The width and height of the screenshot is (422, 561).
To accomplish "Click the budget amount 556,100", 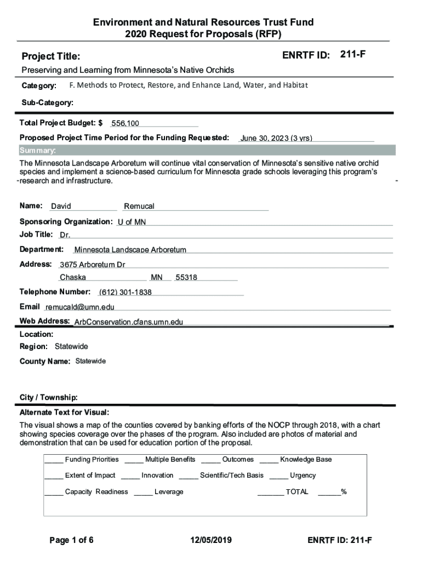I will coord(125,124).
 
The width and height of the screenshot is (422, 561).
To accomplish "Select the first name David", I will coord(61,207).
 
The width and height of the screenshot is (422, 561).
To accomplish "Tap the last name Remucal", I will coord(139,207).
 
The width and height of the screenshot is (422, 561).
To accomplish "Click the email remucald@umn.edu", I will coord(80,307).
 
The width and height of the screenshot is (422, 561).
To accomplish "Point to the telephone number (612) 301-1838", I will coord(125,293).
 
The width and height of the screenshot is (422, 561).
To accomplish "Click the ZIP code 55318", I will coord(186,278).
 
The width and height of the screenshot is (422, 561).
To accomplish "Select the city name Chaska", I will coord(73,278).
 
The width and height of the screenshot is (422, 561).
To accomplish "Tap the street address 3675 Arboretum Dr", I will coord(93,265).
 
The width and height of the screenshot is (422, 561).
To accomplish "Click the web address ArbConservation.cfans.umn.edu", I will coord(129,322).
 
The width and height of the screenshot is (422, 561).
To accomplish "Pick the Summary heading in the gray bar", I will coord(37,151).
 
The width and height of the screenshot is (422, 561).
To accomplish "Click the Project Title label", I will coord(50,57).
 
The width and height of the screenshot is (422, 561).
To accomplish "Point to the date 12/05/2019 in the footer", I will coord(211,541).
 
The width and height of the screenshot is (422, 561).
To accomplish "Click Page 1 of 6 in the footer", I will coord(71,541).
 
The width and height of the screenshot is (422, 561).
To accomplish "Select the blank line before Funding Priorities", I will coord(54,460).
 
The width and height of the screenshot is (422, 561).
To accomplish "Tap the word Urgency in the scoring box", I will coord(303,476).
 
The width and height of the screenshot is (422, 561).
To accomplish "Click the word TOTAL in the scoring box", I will coord(297,492).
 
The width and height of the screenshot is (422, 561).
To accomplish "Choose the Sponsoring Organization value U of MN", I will coord(132,222).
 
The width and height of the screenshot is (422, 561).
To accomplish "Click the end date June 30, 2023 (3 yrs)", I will coord(276,139).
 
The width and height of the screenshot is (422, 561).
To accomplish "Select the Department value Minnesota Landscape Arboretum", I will coord(130,250).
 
